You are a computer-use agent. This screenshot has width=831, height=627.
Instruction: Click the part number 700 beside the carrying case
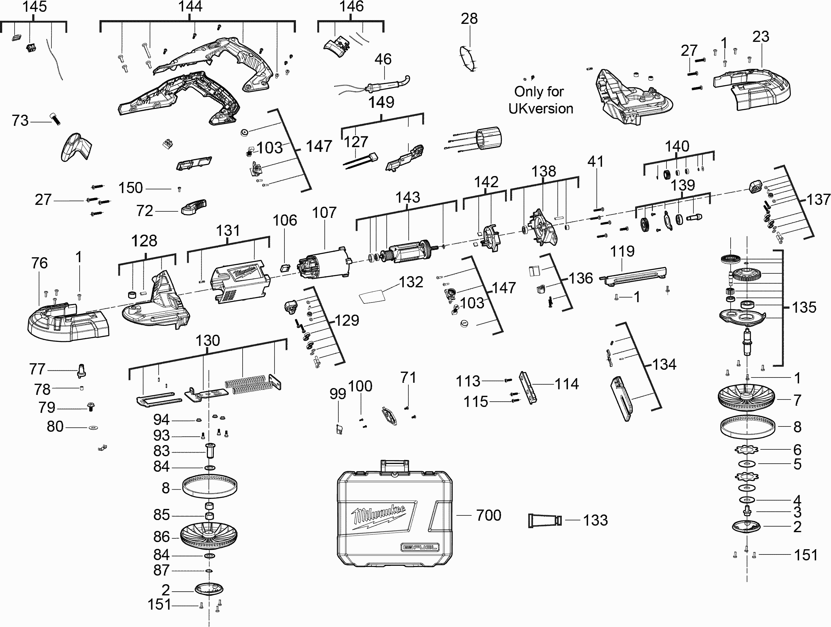488,515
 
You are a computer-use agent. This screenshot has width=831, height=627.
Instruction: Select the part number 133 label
596,520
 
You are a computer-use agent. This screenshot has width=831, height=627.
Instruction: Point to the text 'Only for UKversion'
540,100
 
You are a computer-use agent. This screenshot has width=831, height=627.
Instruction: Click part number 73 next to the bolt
20,121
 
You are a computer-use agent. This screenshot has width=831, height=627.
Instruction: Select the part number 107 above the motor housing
324,213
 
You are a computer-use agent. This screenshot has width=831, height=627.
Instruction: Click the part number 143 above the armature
408,197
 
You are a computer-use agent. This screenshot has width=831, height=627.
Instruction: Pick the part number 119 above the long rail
622,251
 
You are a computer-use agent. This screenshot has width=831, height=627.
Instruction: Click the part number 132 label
411,282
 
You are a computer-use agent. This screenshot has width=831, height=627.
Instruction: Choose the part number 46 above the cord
383,59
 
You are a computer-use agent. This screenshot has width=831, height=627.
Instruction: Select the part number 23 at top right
761,37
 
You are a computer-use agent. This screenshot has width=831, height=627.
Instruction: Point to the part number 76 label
39,263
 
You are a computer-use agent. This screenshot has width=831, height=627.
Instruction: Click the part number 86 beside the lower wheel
161,537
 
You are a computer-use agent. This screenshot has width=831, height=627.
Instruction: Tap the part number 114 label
566,384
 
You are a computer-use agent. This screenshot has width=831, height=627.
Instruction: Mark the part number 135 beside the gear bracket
804,307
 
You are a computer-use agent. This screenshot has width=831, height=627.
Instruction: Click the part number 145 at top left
35,7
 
